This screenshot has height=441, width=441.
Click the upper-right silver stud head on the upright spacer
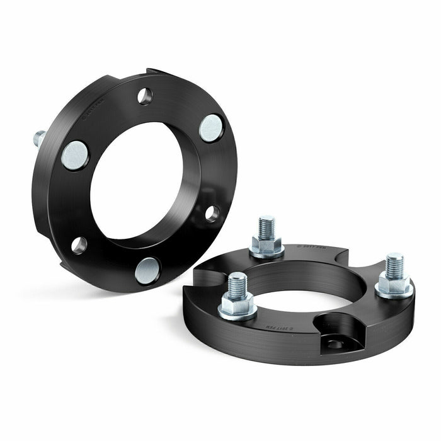click(x=211, y=128)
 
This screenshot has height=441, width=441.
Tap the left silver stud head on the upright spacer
click(x=75, y=155)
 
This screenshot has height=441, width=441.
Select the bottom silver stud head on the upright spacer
click(x=147, y=271)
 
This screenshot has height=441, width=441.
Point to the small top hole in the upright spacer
click(x=145, y=96)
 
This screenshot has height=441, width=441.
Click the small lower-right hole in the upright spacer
click(x=212, y=213)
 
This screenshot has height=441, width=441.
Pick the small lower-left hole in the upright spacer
click(x=79, y=245)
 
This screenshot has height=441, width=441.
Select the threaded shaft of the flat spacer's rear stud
click(x=266, y=227)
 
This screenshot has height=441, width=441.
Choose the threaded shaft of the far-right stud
click(x=394, y=264)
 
